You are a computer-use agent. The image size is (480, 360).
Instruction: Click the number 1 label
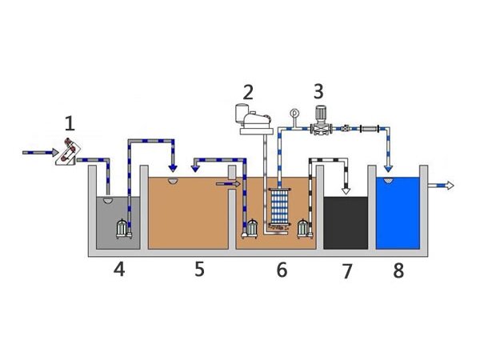pos(70,123)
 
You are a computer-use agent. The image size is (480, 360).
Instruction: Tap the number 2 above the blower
pos(248,92)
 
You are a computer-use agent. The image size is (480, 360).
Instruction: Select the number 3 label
pos(318,91)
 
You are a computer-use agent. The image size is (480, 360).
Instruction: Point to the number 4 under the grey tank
pos(118,270)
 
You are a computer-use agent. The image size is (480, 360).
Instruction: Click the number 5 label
pos(199,269)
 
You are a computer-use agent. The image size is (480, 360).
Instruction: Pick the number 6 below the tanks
pos(281,270)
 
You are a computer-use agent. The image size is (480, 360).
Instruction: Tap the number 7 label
pos(346,271)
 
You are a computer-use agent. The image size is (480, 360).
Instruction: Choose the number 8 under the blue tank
pos(398,270)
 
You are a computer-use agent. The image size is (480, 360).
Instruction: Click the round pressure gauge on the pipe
pos(294,114)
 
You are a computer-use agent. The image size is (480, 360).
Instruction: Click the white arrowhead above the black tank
pos(345,190)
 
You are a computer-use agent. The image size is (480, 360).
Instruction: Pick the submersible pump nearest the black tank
pos(303,229)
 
